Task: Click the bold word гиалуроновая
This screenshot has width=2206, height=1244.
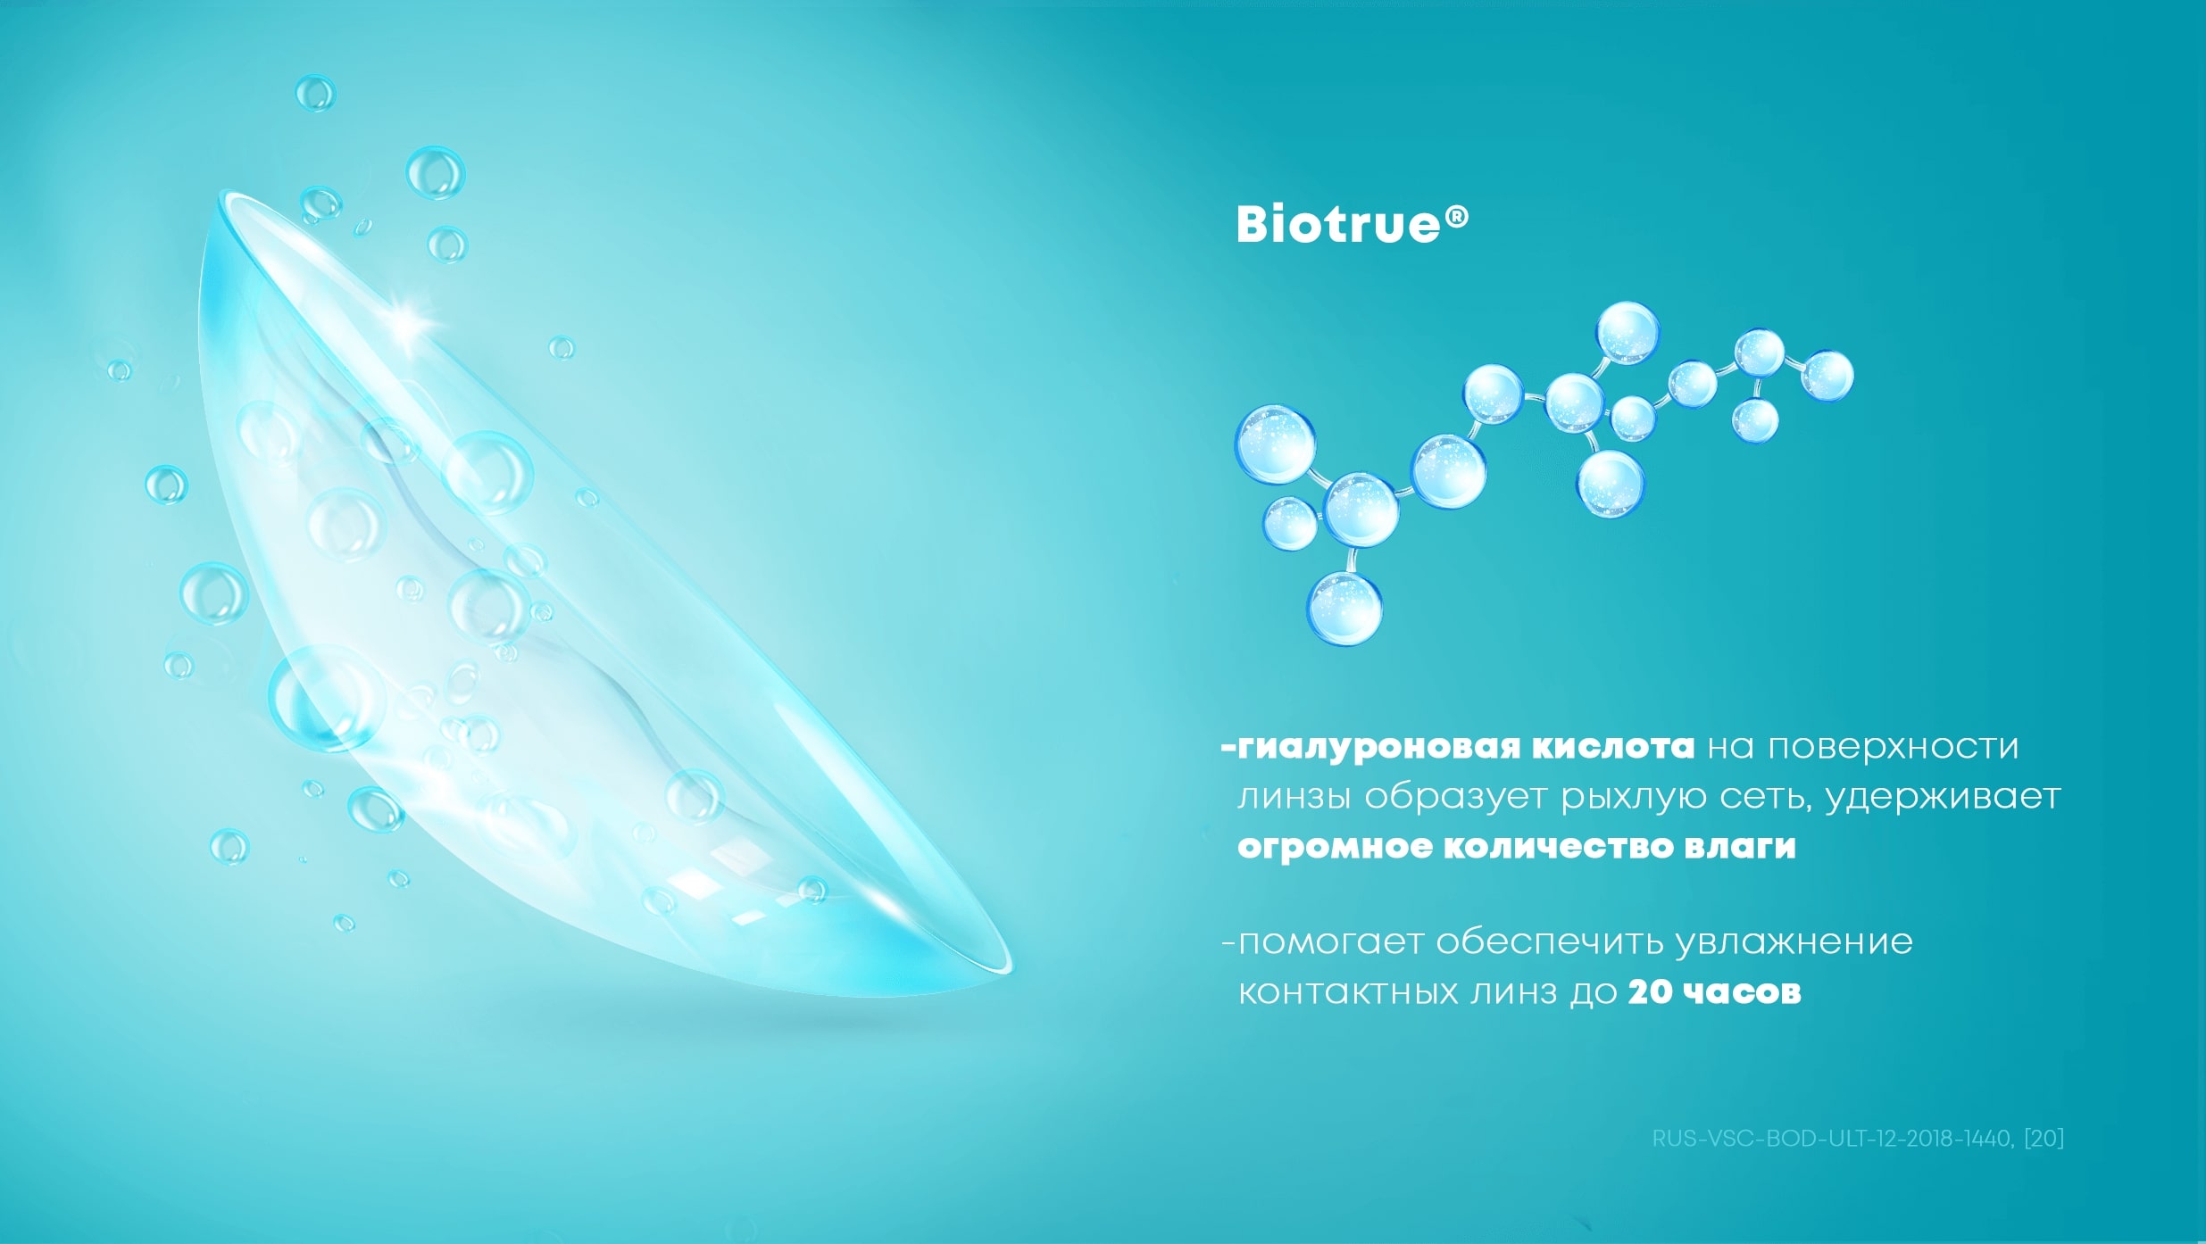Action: click(x=1378, y=748)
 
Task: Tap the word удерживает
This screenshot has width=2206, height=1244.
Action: click(x=1943, y=797)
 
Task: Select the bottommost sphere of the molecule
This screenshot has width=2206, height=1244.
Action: click(x=1344, y=608)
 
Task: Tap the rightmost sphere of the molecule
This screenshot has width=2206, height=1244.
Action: click(x=1827, y=375)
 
